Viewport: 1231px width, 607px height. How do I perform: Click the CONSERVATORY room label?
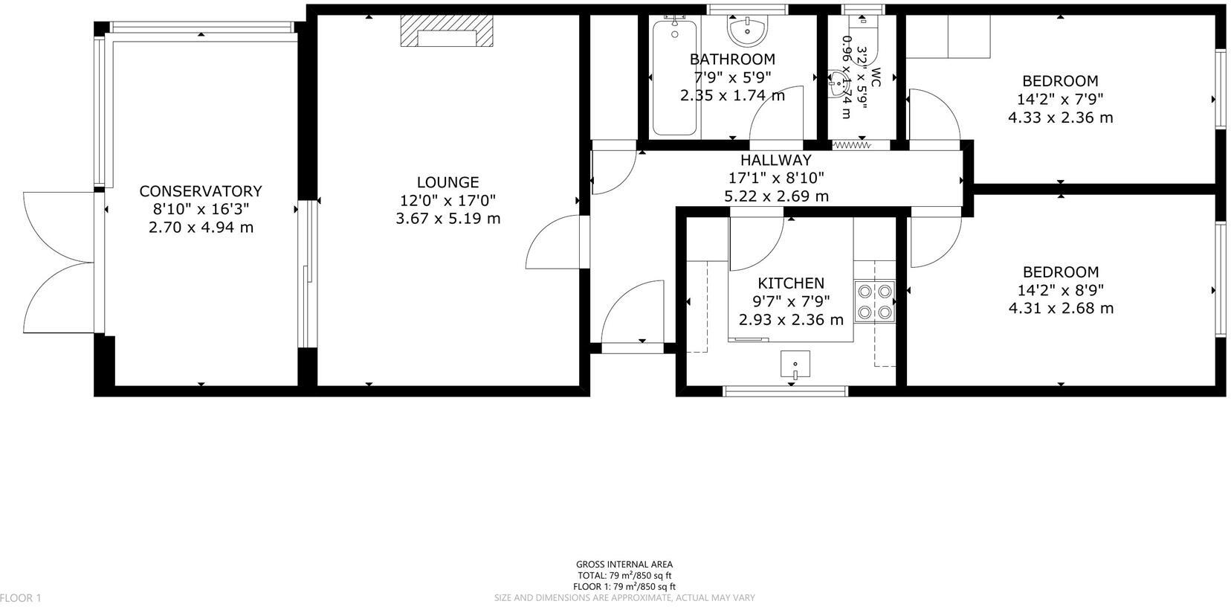pos(201,191)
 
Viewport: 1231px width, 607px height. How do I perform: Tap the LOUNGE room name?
pos(448,182)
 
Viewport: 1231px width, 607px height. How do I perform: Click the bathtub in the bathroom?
pos(674,77)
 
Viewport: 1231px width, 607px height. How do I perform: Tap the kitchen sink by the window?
pos(795,364)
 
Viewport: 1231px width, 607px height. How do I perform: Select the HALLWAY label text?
pos(775,160)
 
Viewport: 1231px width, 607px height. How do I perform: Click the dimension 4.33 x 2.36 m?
pos(1060,118)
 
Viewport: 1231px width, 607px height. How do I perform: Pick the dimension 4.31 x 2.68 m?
pos(1060,308)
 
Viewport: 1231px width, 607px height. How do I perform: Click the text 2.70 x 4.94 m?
pos(201,228)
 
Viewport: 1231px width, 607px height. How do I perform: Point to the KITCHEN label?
pos(791,283)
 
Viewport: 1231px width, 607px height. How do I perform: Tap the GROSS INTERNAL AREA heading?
pos(624,565)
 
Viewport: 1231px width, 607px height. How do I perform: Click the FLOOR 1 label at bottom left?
pos(21,598)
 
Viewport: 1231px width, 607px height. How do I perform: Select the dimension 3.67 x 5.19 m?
pos(448,219)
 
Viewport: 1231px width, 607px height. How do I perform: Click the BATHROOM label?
pos(731,60)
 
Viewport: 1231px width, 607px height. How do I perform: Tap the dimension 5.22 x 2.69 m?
pos(775,196)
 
